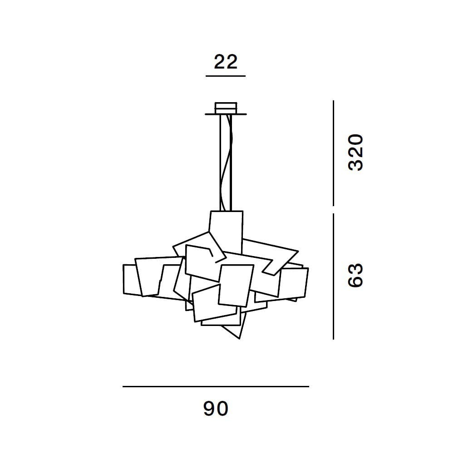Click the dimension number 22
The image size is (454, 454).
226,61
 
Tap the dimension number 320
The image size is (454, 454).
355,152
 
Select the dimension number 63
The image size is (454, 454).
355,275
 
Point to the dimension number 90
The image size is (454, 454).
216,408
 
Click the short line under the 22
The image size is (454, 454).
226,76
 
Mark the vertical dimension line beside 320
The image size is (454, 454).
334,153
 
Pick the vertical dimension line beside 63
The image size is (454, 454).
334,276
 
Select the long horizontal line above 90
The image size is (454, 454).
216,386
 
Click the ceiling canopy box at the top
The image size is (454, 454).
226,108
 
